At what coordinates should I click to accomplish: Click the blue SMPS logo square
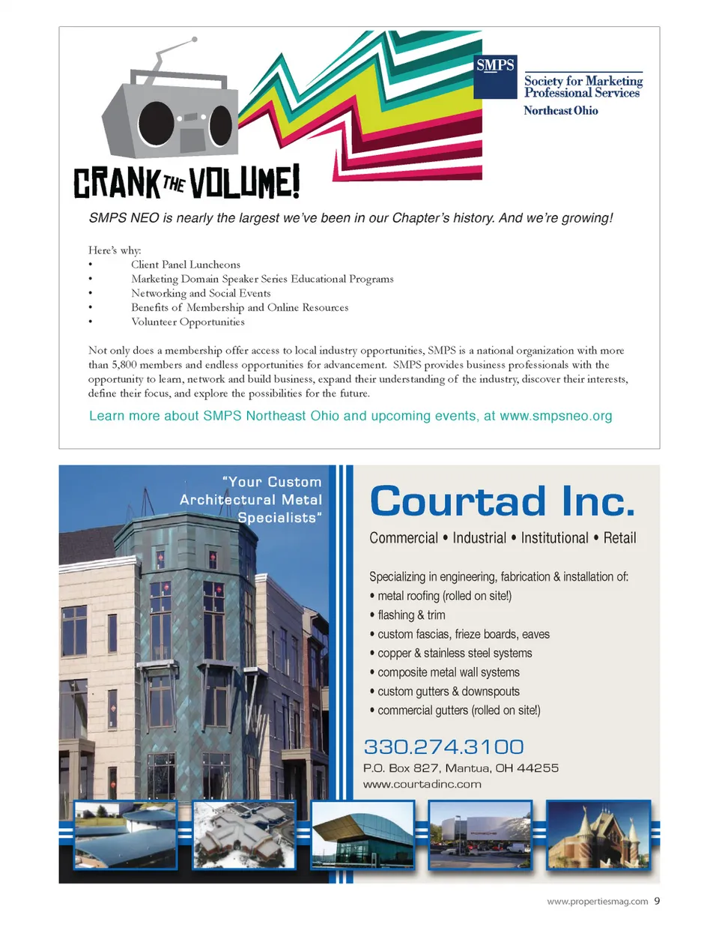click(495, 76)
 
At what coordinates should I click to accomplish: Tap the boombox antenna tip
click(195, 39)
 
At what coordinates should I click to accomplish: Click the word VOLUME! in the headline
click(244, 182)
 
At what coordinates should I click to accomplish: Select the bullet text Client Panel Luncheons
click(186, 265)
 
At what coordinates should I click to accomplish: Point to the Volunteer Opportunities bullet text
click(188, 322)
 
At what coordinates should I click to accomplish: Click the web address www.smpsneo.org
click(556, 416)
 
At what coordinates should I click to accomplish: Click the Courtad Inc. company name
click(502, 501)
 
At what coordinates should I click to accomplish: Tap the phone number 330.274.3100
click(443, 746)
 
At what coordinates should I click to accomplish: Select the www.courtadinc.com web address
click(422, 785)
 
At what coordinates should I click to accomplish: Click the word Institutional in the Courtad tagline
click(554, 538)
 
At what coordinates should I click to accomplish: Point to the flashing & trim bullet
click(411, 615)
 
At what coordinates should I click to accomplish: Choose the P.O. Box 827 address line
click(461, 768)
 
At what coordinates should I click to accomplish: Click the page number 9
click(657, 901)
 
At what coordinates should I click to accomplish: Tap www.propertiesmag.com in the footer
click(597, 902)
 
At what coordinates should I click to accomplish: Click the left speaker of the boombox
click(156, 123)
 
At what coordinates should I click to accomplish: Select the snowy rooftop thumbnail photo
click(243, 835)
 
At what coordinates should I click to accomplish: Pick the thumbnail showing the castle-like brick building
click(598, 835)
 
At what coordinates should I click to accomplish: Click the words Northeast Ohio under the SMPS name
click(560, 111)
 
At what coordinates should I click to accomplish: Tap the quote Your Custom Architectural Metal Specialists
click(252, 500)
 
